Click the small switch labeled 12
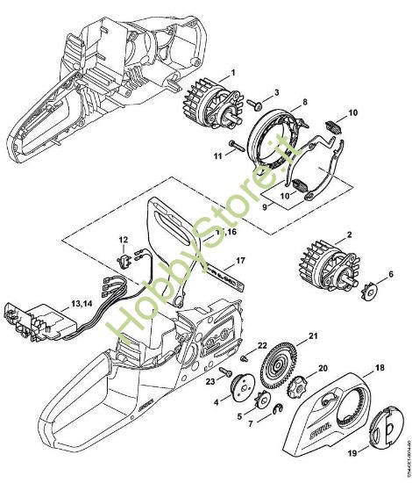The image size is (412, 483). click(x=124, y=260)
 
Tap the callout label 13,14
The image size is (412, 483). click(x=82, y=303)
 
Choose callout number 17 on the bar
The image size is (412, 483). click(x=241, y=262)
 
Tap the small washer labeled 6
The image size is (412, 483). click(x=368, y=287)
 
